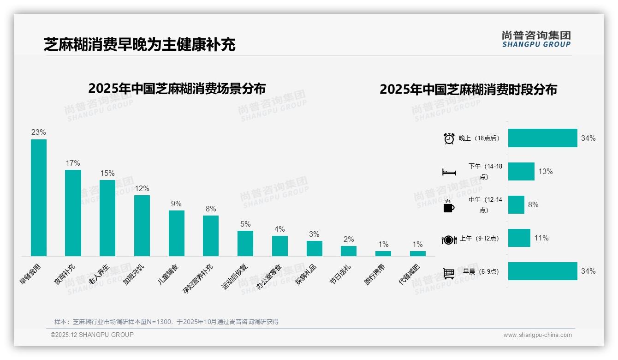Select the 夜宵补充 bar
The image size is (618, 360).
[x=73, y=213]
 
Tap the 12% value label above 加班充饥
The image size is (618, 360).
[x=142, y=189]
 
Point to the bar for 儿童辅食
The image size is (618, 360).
[x=176, y=233]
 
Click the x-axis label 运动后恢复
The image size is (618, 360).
[x=235, y=276]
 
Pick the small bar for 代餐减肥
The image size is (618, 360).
[x=418, y=253]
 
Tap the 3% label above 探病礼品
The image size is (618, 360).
[x=314, y=234]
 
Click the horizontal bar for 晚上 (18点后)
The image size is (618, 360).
[x=542, y=138]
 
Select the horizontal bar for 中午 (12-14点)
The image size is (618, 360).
[x=516, y=204]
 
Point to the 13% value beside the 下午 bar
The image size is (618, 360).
[x=545, y=171]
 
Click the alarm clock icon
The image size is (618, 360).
[x=449, y=138]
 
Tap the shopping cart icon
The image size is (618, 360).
[x=449, y=273]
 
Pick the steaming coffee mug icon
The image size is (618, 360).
[x=449, y=206]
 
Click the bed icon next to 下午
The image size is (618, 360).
[x=449, y=172]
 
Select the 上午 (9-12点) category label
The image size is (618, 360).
[x=479, y=239]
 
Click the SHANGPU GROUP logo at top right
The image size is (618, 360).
[x=536, y=39]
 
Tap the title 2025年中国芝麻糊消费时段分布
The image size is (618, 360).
[x=468, y=89]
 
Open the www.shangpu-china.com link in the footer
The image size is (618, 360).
[x=537, y=335]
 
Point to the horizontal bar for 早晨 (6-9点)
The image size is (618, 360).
[x=542, y=271]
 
